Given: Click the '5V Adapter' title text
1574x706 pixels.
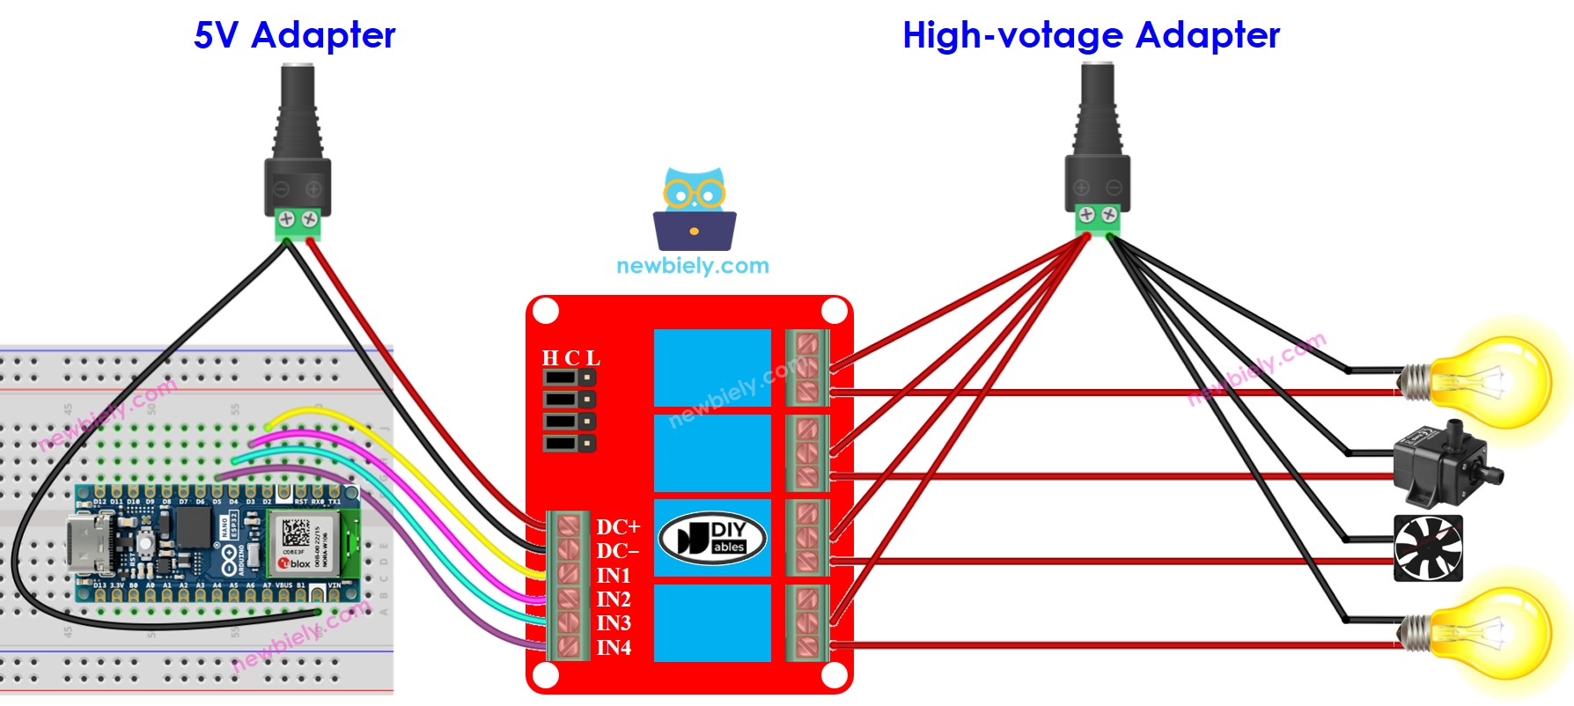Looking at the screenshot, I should [294, 36].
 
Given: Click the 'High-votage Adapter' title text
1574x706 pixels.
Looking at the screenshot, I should [1091, 36].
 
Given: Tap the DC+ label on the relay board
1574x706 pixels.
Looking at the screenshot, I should [617, 527].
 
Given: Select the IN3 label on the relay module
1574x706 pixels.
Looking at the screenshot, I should [614, 623].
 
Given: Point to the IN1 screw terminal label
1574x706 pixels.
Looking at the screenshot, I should [614, 576].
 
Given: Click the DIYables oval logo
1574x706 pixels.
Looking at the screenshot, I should [712, 538].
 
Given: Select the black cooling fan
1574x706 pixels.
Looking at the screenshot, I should [1428, 548].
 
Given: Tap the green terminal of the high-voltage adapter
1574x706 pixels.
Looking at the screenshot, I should [1098, 219].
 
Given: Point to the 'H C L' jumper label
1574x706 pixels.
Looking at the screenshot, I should [570, 358].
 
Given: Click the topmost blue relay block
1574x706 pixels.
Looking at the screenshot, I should [712, 367].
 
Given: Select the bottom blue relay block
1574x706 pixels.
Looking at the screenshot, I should [712, 622].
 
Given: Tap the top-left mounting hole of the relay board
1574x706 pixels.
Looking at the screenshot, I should [546, 311].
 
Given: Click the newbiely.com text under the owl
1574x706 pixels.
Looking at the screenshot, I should [693, 266].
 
